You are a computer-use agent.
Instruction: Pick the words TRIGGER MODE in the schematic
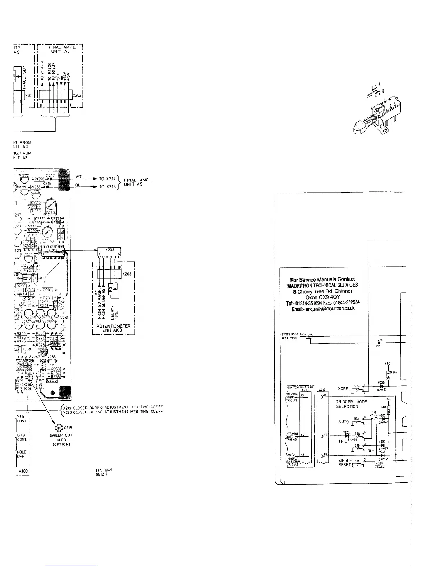pos(352,402)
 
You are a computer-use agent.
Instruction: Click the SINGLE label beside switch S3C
pos(345,460)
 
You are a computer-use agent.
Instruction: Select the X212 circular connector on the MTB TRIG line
pos(311,337)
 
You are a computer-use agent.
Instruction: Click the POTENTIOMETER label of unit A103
pos(114,326)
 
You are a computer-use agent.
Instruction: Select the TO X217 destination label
pos(107,179)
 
